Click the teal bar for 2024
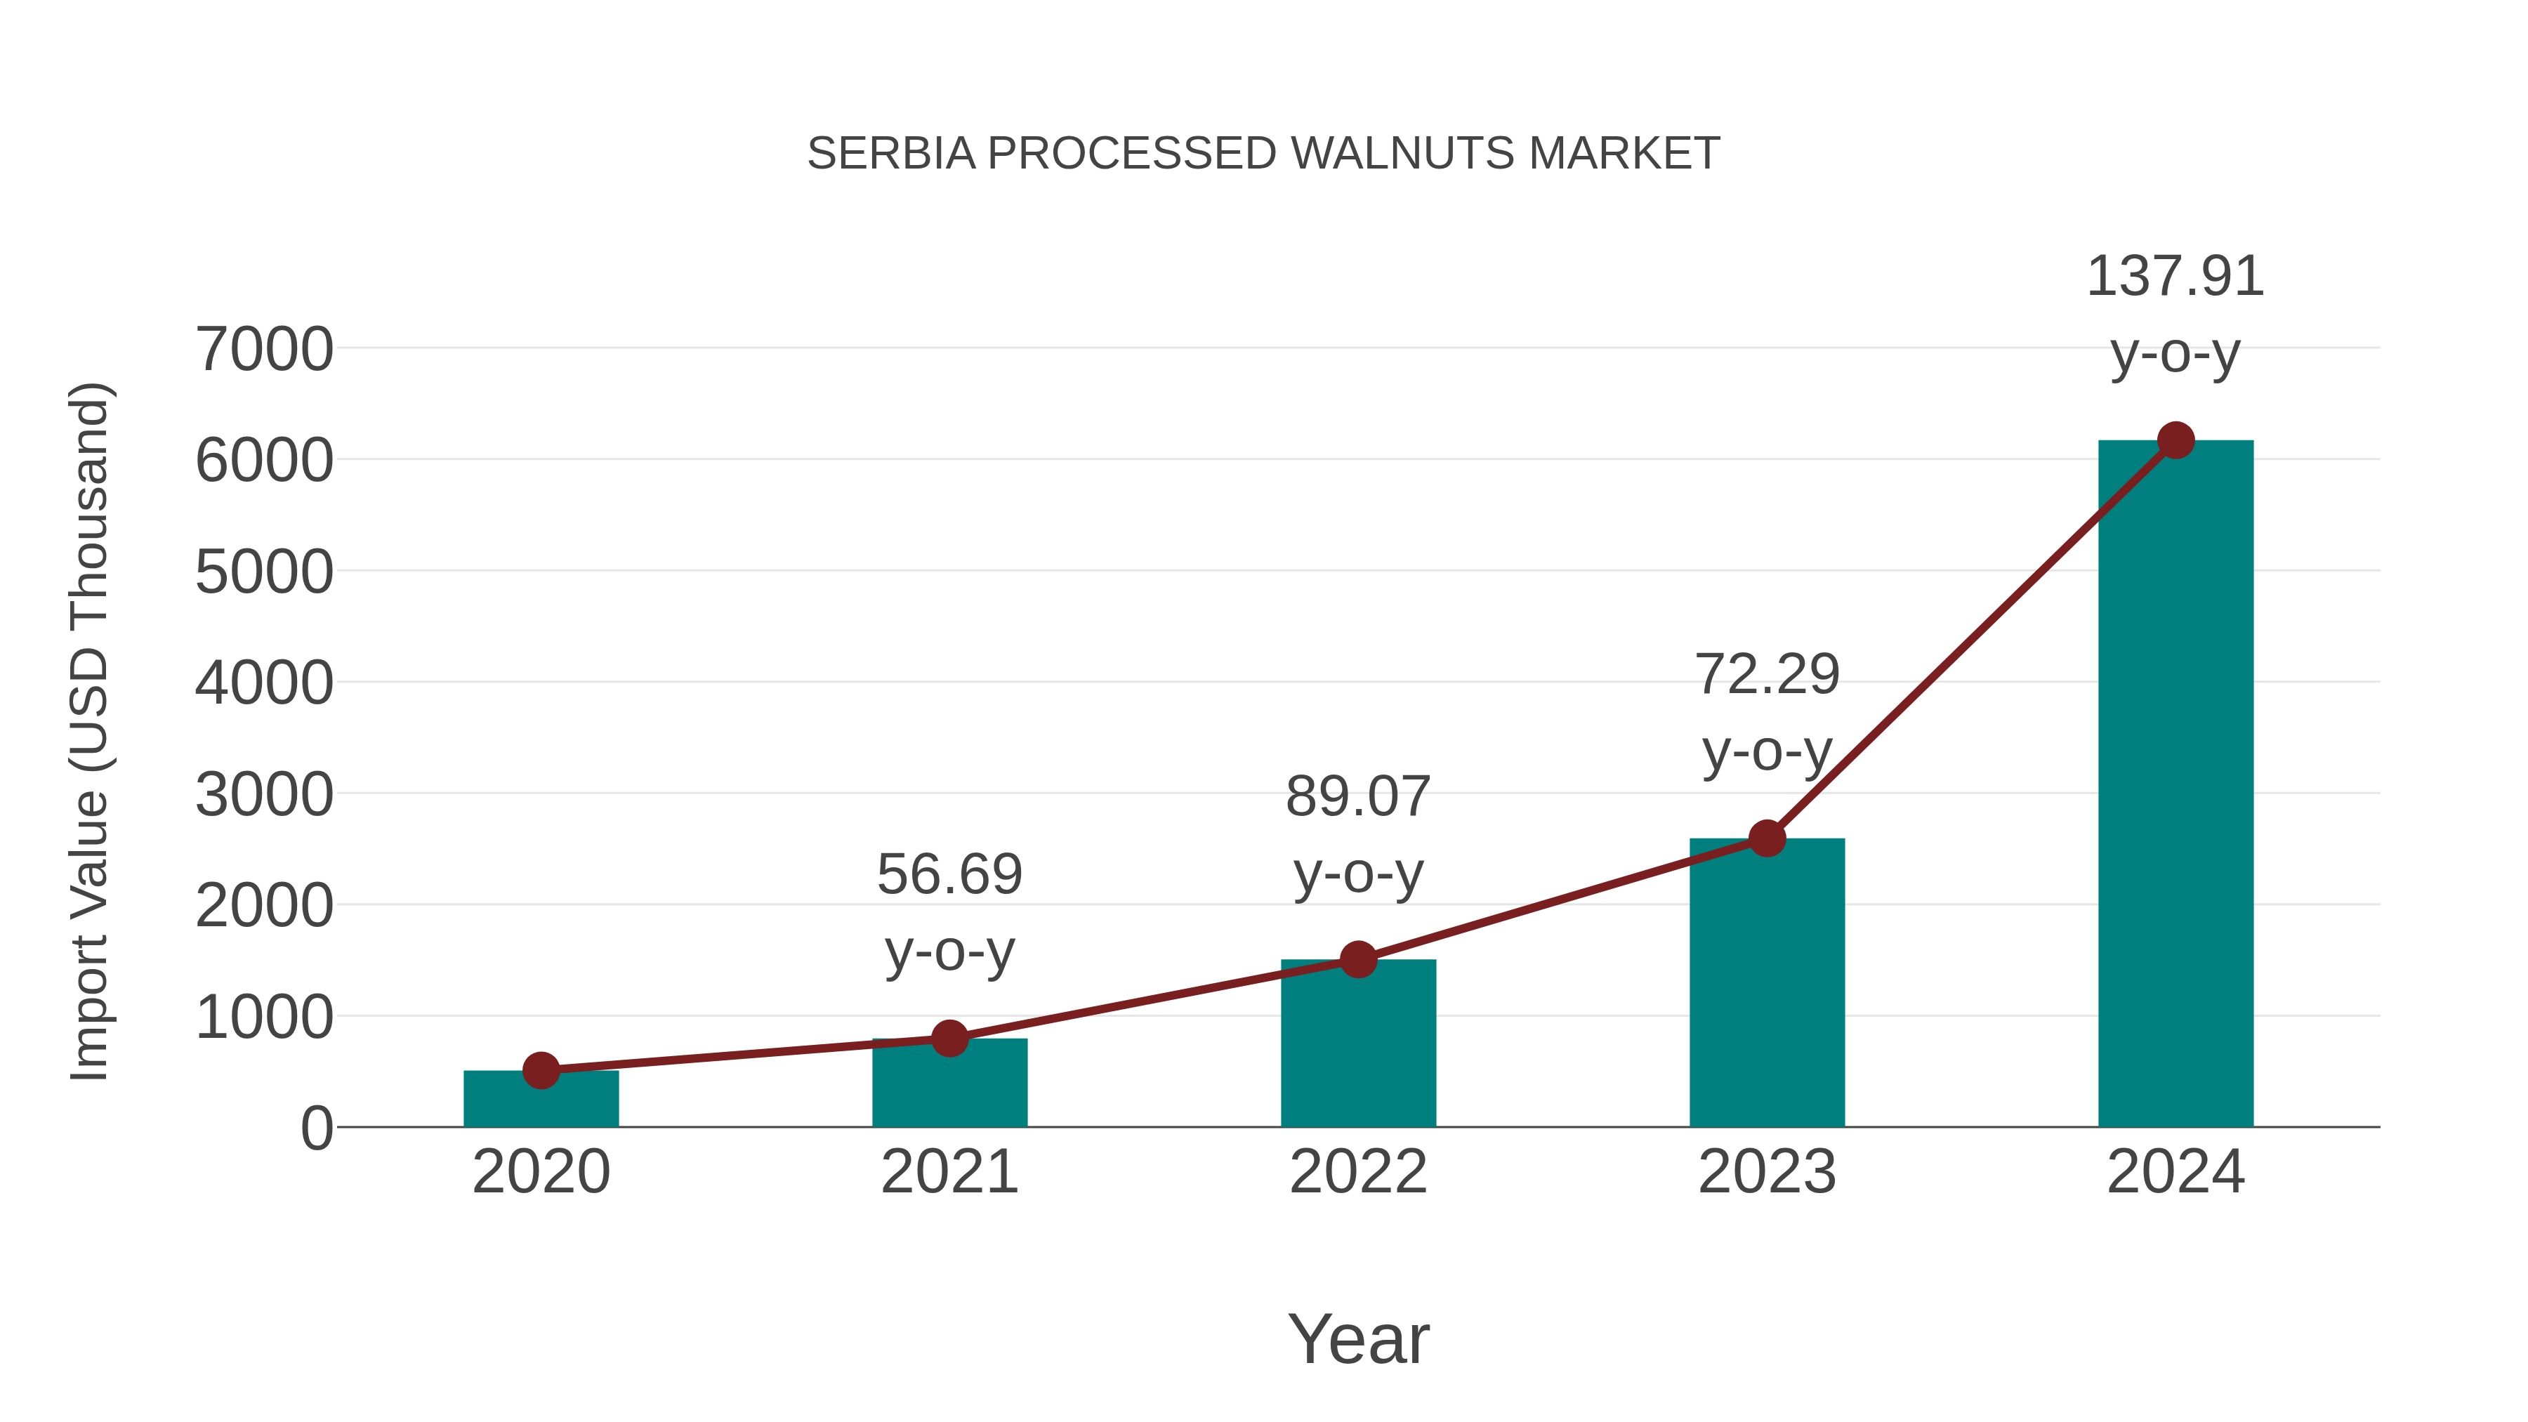click(x=2175, y=785)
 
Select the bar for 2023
click(x=1767, y=982)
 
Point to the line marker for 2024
click(x=2175, y=440)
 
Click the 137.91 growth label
click(x=2175, y=277)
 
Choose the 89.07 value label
click(x=1358, y=797)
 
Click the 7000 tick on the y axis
click(x=264, y=350)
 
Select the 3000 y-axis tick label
click(x=264, y=795)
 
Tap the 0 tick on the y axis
click(x=316, y=1128)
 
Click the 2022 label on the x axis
click(x=1358, y=1172)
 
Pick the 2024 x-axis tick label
click(x=2175, y=1172)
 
